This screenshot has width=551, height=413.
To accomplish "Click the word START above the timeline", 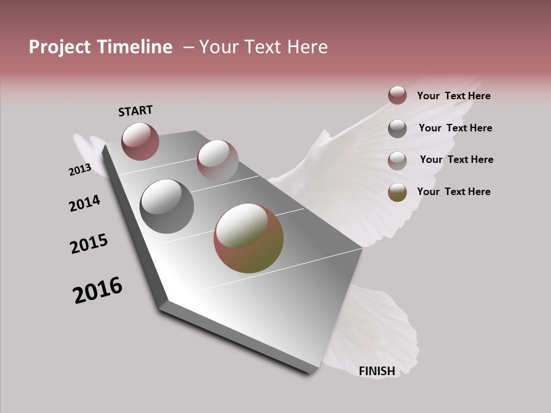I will click(135, 111).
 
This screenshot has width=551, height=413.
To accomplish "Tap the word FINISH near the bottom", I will click(377, 371).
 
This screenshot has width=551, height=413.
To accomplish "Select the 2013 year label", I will click(80, 170).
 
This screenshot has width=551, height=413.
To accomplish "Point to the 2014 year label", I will click(85, 203).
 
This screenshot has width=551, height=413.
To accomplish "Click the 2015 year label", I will click(89, 244).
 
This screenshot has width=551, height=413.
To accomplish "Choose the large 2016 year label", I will click(98, 290).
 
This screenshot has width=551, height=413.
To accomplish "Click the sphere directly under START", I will click(140, 141).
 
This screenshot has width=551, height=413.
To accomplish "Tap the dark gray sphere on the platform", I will click(166, 206).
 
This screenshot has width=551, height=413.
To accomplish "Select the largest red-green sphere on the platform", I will click(249, 238).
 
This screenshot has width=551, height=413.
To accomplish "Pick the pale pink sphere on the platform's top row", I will click(218, 161).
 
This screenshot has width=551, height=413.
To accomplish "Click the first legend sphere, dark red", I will click(397, 95).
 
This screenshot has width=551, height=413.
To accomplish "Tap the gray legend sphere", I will click(397, 128).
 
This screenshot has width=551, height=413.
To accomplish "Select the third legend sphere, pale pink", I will click(397, 161).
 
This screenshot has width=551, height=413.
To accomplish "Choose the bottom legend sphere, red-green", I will click(397, 193).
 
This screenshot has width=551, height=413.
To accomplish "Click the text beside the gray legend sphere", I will click(455, 128).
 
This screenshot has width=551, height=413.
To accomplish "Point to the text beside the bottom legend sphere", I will click(453, 192).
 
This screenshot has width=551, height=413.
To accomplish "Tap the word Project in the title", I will click(60, 47).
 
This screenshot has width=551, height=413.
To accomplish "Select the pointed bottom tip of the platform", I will click(313, 371).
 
